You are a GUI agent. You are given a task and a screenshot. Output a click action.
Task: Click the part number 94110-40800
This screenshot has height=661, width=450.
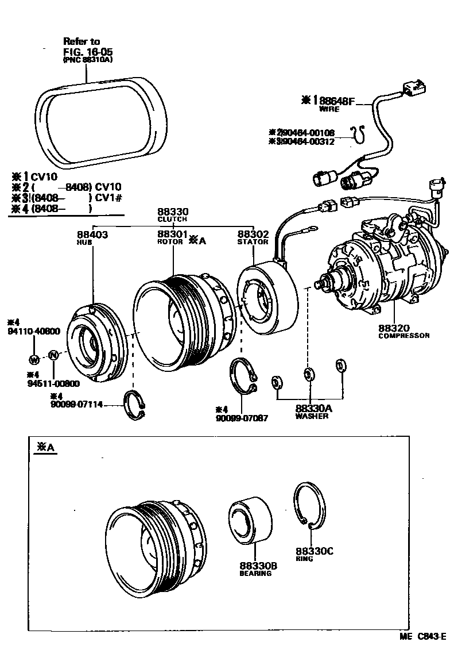click(33, 331)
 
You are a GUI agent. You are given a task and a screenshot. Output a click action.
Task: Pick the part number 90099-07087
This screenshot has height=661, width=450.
click(242, 417)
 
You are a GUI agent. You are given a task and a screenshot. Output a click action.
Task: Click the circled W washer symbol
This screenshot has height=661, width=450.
click(33, 359)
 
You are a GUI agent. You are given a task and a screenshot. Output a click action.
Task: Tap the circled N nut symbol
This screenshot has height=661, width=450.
click(53, 355)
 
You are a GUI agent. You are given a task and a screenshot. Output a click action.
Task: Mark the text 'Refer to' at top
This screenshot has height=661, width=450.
click(82, 41)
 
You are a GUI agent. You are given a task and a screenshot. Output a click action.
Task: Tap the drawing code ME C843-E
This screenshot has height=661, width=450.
click(423, 637)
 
